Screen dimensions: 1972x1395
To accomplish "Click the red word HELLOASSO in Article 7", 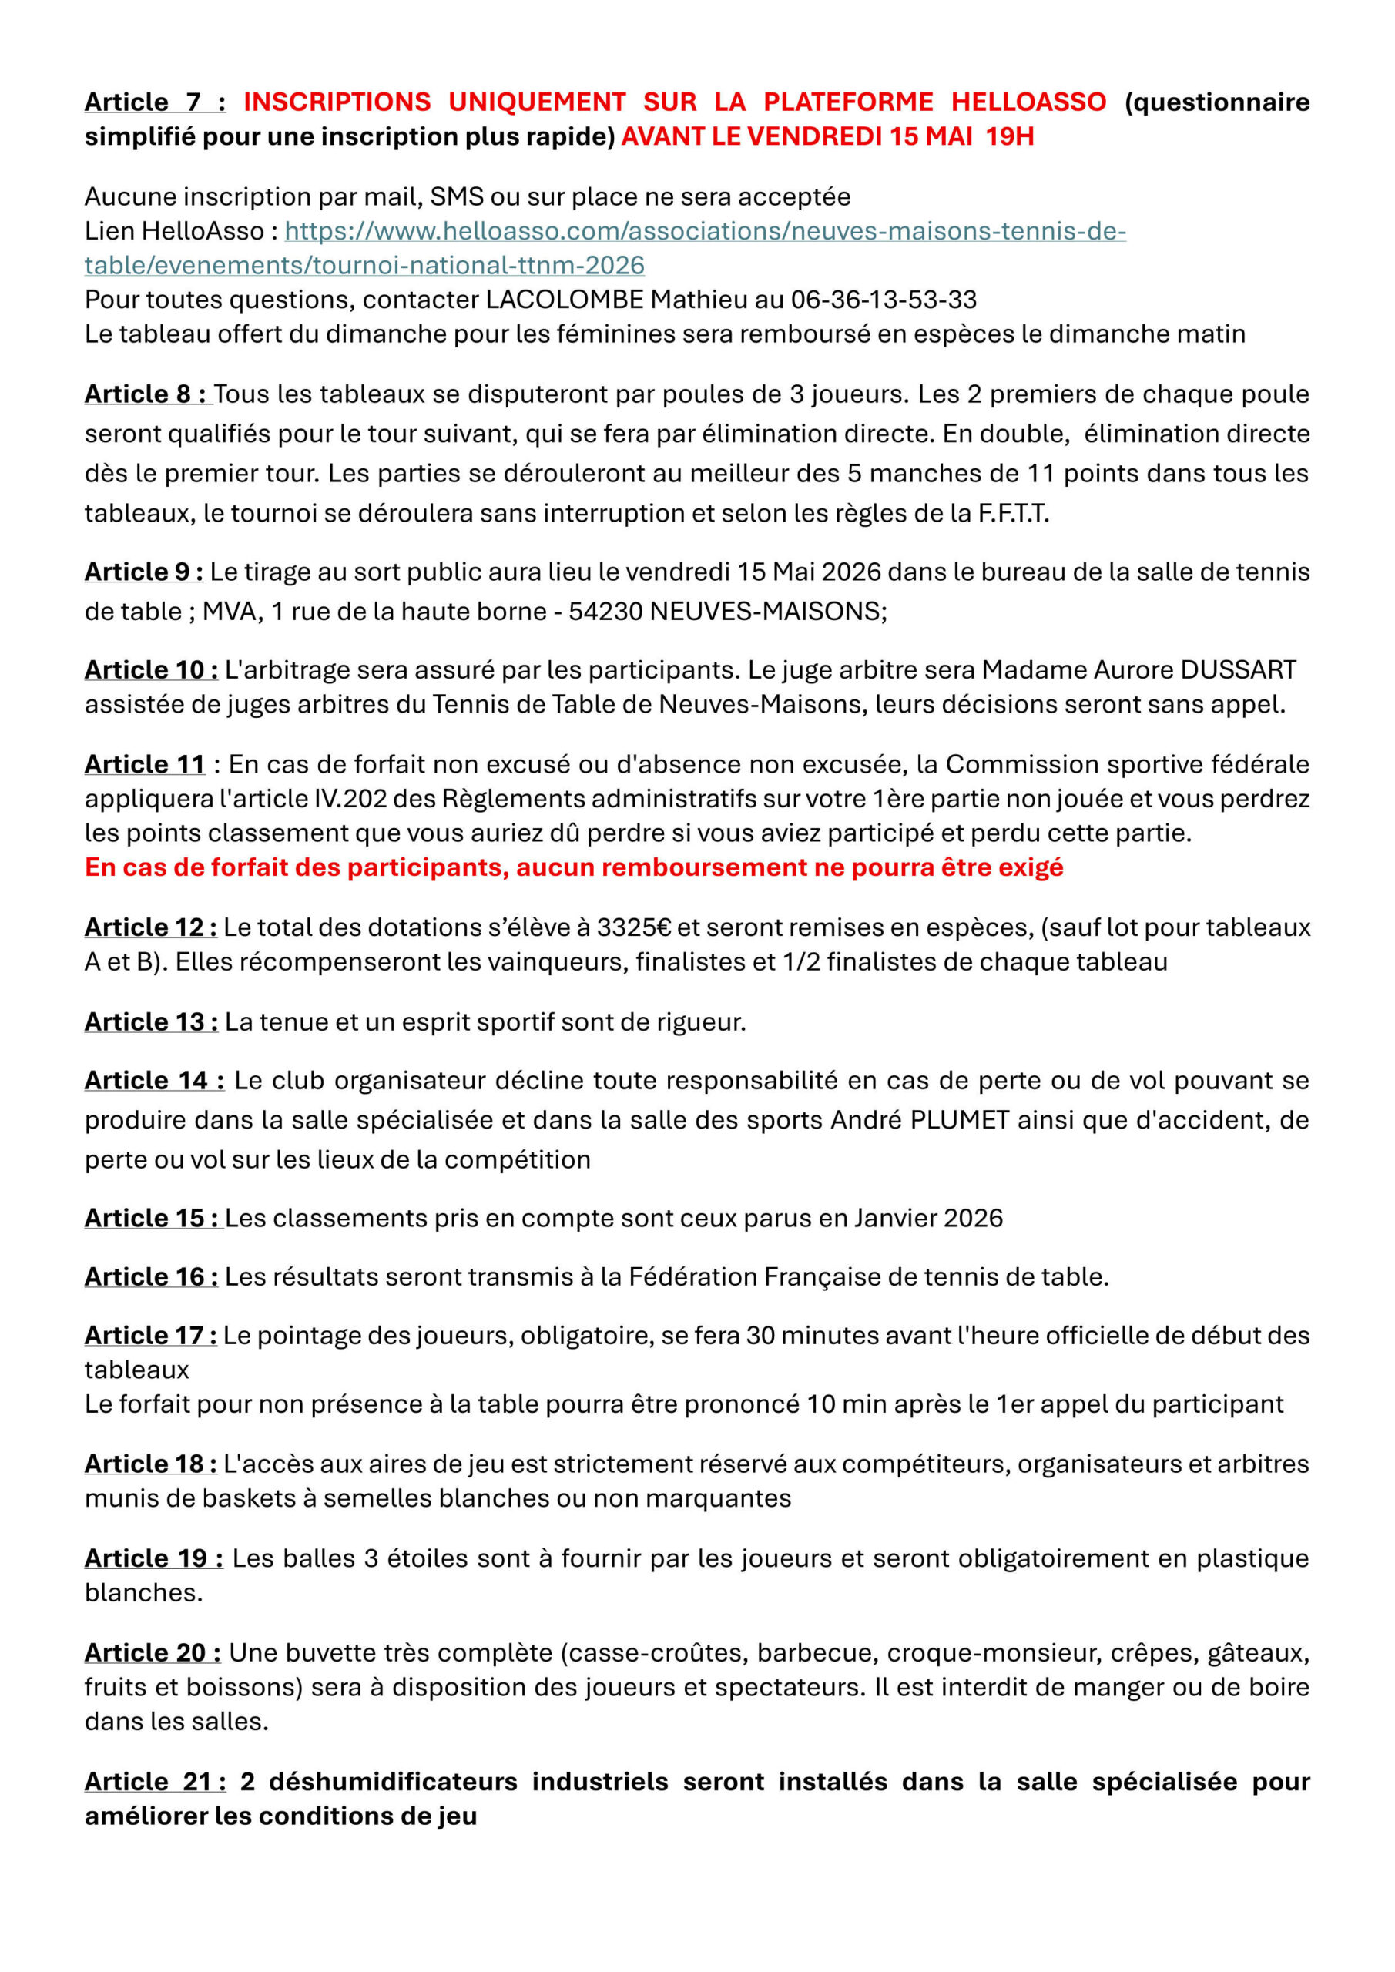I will (x=1028, y=102).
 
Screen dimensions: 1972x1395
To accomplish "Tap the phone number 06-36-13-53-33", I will (x=883, y=300).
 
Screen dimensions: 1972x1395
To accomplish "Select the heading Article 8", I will (x=145, y=394).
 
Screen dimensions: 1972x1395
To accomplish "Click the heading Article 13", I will (x=150, y=1022).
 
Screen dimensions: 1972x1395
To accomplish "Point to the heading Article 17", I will (x=149, y=1336).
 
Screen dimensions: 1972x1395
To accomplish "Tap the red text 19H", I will (x=1010, y=136).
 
